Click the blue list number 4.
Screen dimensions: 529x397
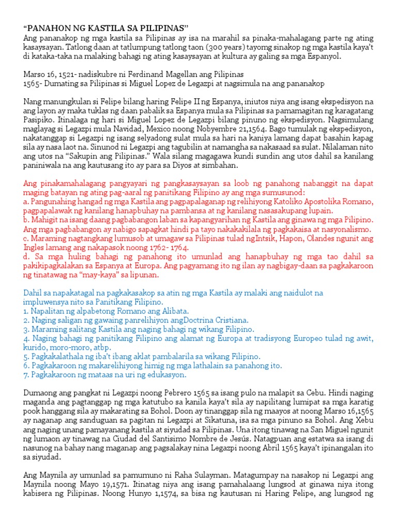point(26,338)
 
